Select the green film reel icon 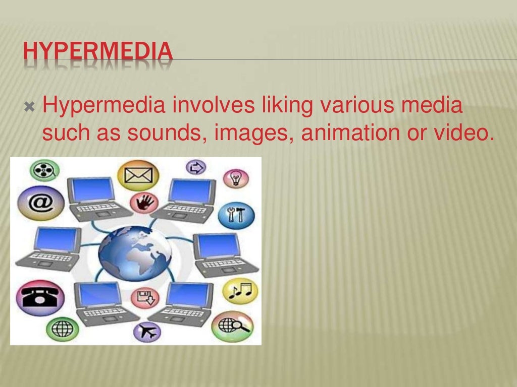44,170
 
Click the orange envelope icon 138,175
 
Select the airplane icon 146,332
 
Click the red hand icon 144,203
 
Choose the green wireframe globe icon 62,329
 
